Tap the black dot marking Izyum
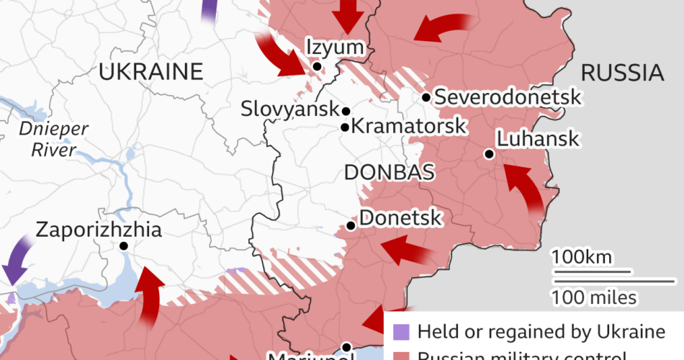click(317, 66)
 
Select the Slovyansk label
click(290, 110)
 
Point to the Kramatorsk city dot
click(345, 127)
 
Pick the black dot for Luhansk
click(489, 153)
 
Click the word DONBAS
click(389, 172)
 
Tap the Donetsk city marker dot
click(351, 225)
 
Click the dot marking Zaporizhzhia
click(124, 246)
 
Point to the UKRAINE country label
click(151, 72)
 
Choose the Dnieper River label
click(54, 140)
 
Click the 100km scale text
click(582, 256)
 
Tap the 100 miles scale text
click(594, 296)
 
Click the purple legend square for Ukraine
click(400, 332)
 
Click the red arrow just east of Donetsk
click(407, 252)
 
